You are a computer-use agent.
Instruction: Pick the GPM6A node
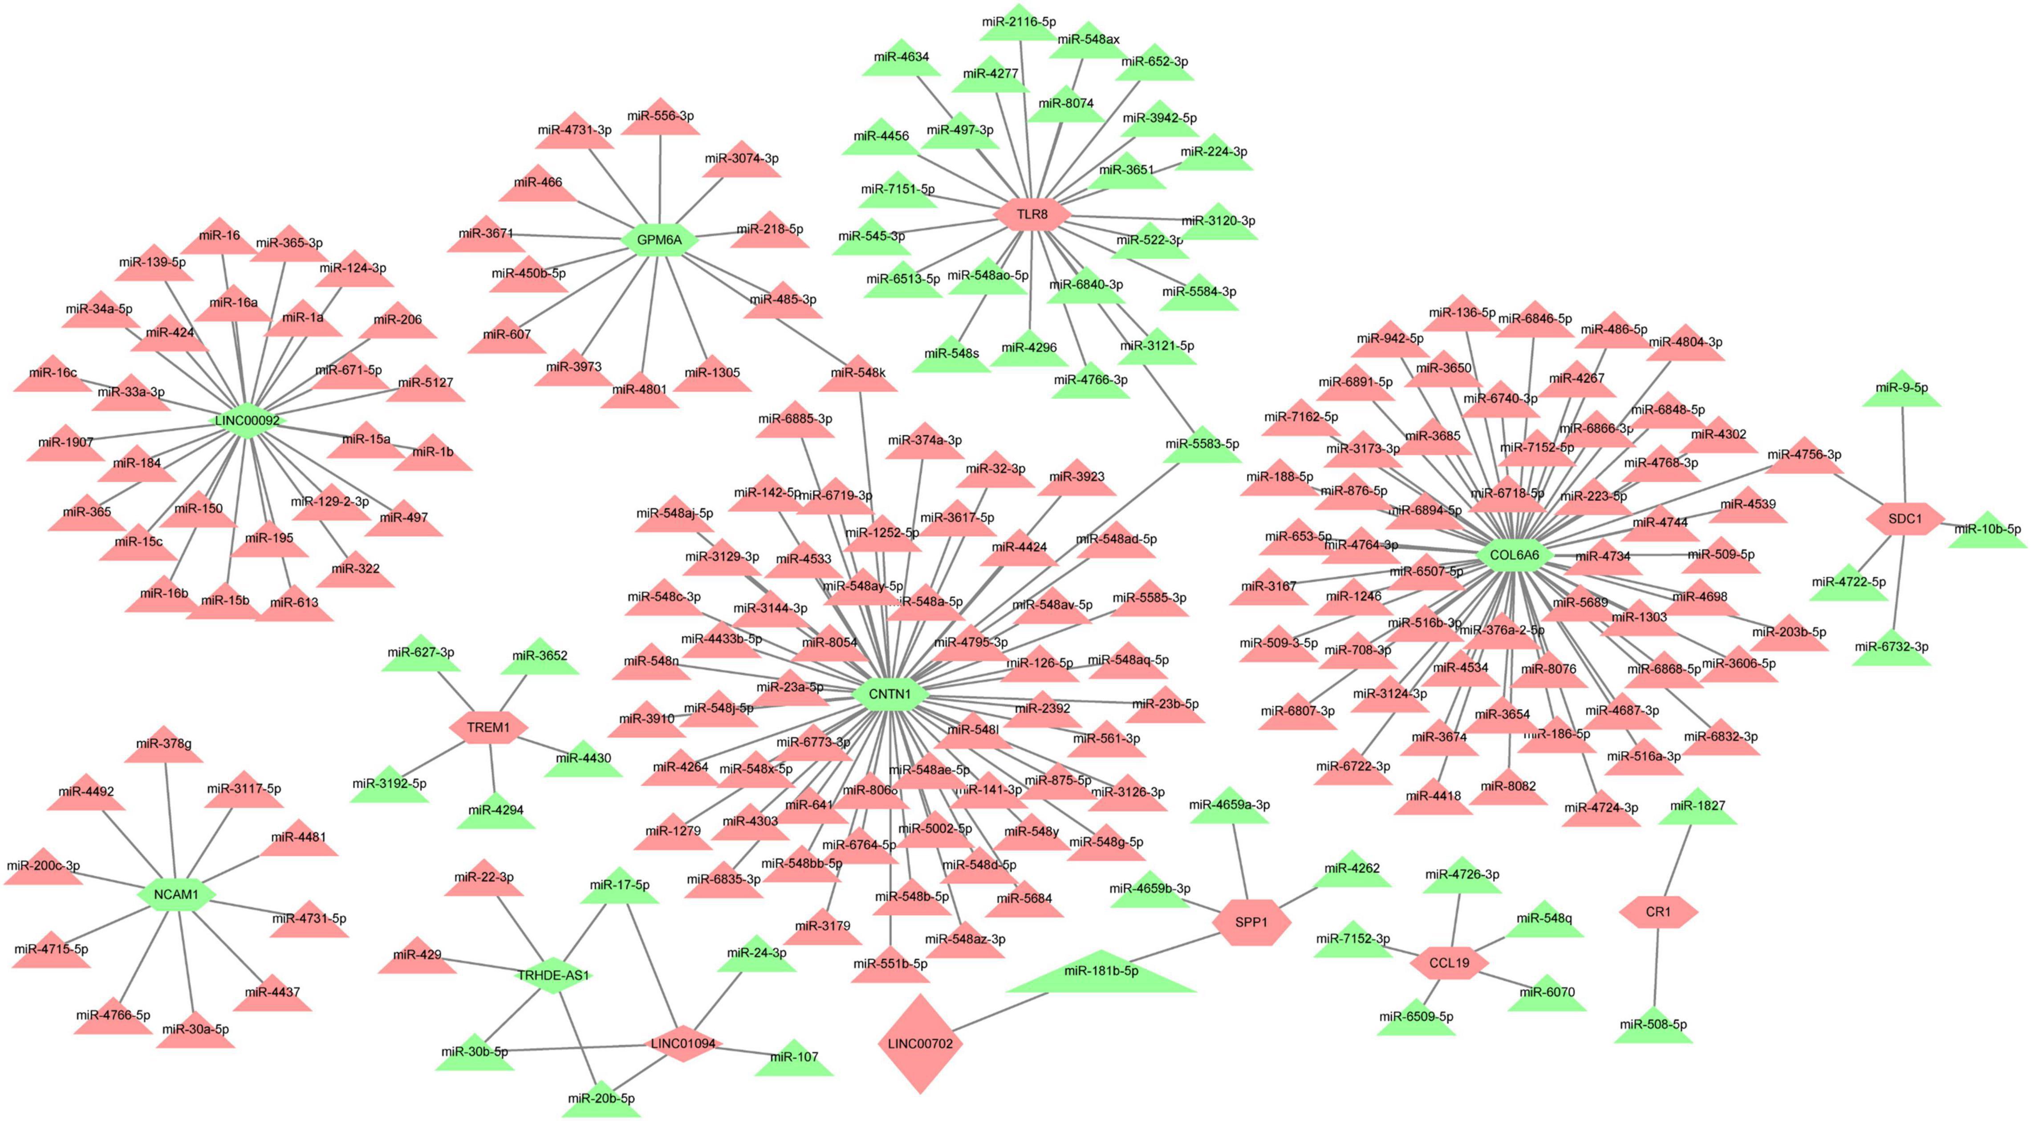659,240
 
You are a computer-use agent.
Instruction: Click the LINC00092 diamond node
247,420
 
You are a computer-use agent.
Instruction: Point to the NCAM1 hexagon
176,894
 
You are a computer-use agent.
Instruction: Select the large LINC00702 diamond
919,1043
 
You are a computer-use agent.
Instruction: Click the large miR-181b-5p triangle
1101,975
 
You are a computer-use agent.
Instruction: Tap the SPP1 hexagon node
1251,922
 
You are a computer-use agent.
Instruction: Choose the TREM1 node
488,727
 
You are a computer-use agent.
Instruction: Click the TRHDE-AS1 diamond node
552,975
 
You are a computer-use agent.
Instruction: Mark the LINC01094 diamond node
683,1043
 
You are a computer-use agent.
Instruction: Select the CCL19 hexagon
1449,963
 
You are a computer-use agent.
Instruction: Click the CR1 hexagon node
1658,911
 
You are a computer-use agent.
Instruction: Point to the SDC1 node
1905,519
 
